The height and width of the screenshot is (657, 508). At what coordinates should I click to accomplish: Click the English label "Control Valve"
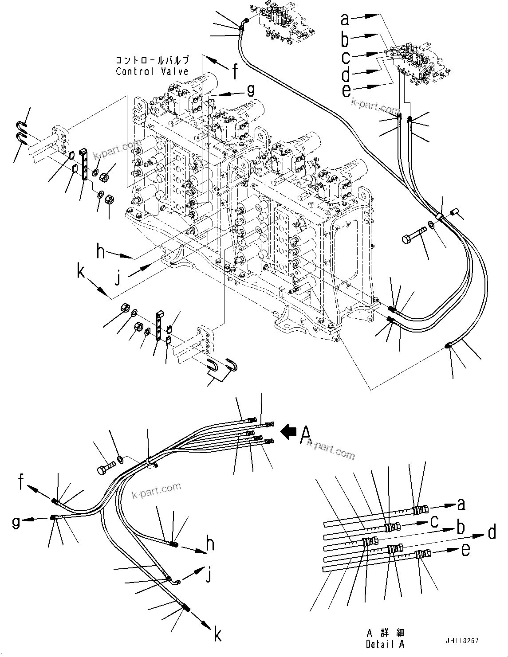click(152, 71)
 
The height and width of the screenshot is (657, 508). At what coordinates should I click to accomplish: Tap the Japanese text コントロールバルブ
click(152, 60)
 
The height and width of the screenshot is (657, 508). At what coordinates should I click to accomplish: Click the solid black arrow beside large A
click(289, 430)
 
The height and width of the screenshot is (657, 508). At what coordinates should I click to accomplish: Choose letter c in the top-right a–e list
click(346, 57)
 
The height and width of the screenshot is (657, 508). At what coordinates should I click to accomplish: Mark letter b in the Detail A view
click(461, 528)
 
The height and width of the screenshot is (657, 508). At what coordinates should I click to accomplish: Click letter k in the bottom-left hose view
click(217, 635)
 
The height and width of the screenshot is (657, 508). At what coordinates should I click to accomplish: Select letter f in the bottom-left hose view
click(21, 482)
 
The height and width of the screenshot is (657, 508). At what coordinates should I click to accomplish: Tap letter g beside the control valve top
click(251, 90)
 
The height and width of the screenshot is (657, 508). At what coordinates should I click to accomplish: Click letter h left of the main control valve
click(101, 252)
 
